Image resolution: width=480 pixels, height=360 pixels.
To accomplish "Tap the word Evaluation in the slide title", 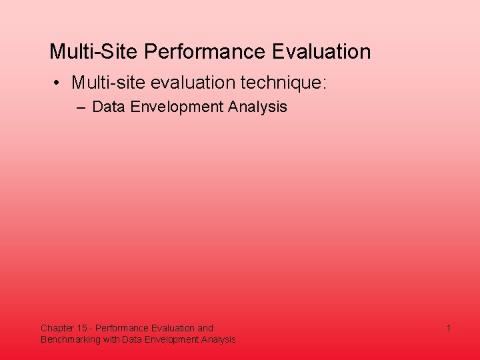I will tap(318, 51).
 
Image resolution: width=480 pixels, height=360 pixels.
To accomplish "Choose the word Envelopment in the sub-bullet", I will tap(175, 107).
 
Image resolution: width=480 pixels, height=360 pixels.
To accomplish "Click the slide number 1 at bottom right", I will tap(449, 328).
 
